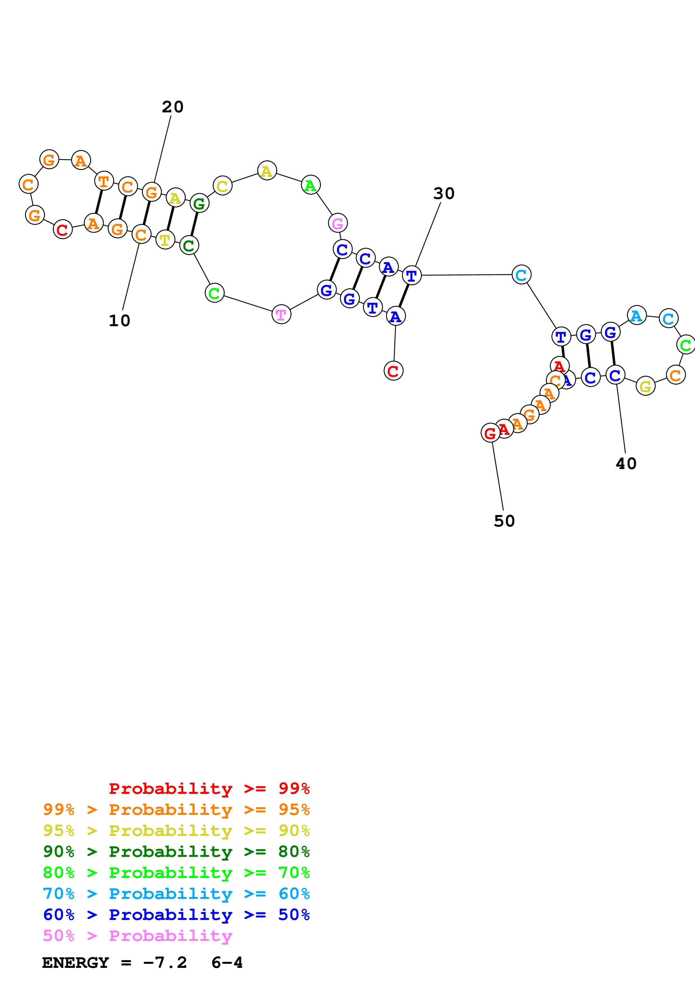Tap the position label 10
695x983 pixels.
pyautogui.click(x=119, y=321)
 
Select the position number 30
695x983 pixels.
pyautogui.click(x=444, y=194)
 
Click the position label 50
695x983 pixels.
pyautogui.click(x=504, y=521)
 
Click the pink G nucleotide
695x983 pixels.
pyautogui.click(x=338, y=223)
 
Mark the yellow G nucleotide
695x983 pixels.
pyautogui.click(x=645, y=386)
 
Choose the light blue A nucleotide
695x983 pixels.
pyautogui.click(x=637, y=316)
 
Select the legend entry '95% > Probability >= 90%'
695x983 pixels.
pyautogui.click(x=176, y=830)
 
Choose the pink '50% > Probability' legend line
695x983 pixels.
pyautogui.click(x=137, y=935)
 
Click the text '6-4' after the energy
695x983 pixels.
pyautogui.click(x=227, y=963)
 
